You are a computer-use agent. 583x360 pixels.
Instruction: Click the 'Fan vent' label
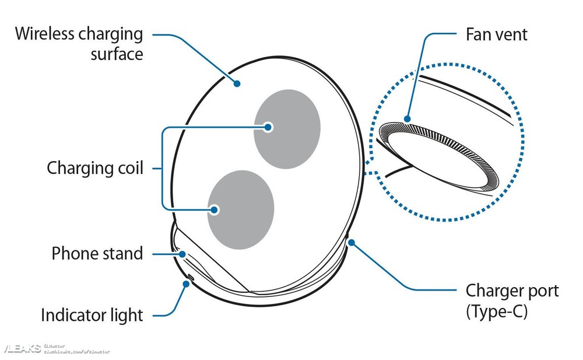click(x=496, y=34)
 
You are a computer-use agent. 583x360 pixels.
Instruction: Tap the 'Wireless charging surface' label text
click(x=79, y=43)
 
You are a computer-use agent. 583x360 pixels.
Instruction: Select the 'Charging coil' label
click(x=95, y=169)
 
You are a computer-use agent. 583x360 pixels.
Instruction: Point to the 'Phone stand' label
click(x=97, y=253)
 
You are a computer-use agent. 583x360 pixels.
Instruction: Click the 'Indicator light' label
click(x=92, y=315)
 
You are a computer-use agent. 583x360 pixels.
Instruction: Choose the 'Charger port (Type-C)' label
click(x=512, y=301)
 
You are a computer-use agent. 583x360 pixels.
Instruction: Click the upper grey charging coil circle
click(x=287, y=130)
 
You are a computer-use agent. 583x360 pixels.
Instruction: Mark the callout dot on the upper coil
click(x=268, y=127)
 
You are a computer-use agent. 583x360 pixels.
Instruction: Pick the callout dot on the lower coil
click(x=215, y=209)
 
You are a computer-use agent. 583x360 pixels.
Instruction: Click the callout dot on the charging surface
click(x=237, y=84)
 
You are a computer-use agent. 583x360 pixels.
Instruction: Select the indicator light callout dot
click(x=186, y=284)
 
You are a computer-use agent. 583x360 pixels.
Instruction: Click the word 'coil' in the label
click(x=130, y=169)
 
